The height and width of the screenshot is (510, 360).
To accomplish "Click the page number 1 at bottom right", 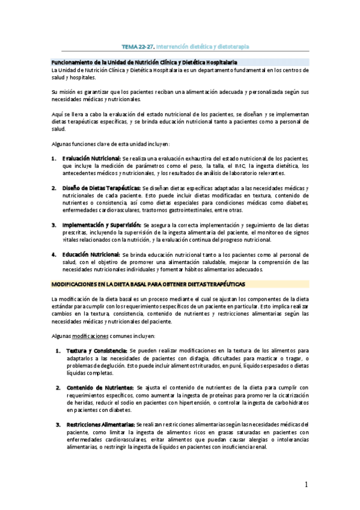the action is coord(306,484).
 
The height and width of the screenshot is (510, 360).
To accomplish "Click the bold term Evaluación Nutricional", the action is coord(91,158).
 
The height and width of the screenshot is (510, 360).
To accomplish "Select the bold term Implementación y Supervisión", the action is coord(101,225).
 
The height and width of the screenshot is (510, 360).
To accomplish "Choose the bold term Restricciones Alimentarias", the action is coord(100,425).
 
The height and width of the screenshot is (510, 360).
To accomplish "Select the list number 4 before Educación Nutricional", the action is coord(54,255).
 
